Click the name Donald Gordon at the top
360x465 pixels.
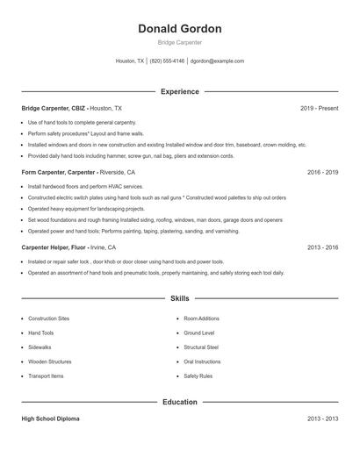[179, 28]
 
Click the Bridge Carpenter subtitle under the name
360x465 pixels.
[179, 42]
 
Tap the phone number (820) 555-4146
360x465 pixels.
[167, 61]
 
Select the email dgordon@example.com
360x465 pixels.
[217, 61]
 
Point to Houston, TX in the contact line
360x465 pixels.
[130, 61]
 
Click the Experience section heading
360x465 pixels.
[179, 91]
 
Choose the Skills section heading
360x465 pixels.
[179, 299]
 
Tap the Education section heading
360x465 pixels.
[179, 402]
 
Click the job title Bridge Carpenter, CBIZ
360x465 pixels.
[53, 108]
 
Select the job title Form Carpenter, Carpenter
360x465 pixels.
[56, 173]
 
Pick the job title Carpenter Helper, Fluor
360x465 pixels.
[54, 247]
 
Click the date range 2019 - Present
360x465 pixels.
[319, 108]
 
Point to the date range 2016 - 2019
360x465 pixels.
[322, 173]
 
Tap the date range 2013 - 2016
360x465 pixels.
[322, 247]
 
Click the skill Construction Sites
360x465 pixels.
[48, 318]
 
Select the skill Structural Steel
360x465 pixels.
[202, 347]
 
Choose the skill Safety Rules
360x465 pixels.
[198, 376]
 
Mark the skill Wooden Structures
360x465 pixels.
[49, 361]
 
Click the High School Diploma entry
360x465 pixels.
[50, 419]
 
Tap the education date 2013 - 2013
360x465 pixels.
[322, 419]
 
